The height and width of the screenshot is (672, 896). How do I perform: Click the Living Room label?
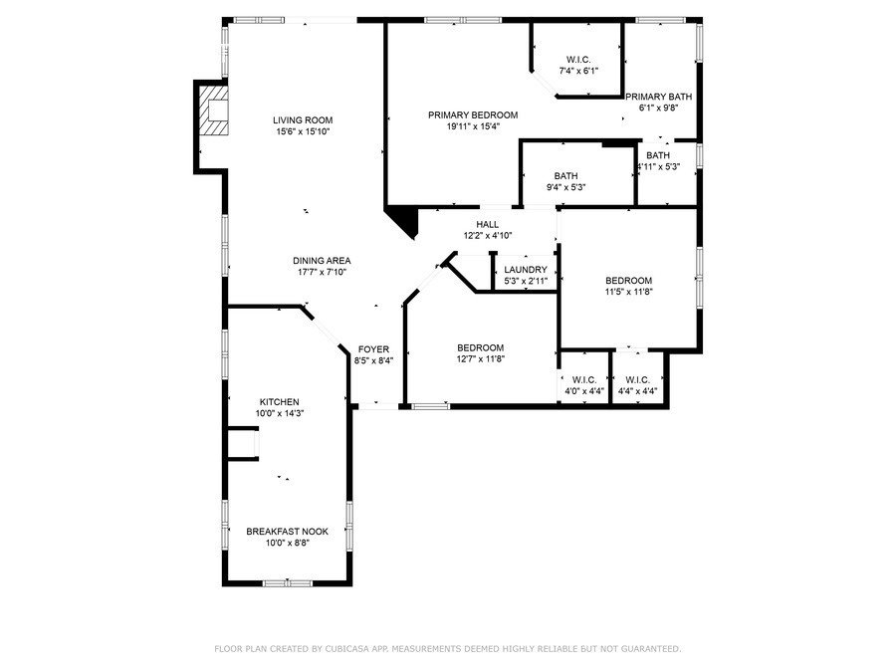click(x=303, y=120)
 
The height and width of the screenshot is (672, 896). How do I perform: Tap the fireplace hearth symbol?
click(x=213, y=111)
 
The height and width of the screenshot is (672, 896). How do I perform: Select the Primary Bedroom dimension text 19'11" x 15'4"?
click(x=473, y=126)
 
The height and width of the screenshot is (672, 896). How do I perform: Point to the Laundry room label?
click(x=526, y=269)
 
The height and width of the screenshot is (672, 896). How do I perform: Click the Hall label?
click(x=488, y=225)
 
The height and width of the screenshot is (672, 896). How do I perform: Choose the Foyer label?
click(x=373, y=349)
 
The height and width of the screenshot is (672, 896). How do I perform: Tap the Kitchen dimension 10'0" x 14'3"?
click(x=280, y=413)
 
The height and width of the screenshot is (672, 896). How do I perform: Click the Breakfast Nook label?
click(x=288, y=532)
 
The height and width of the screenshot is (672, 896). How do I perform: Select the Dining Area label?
click(x=322, y=261)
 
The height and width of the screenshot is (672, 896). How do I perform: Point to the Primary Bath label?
click(x=658, y=97)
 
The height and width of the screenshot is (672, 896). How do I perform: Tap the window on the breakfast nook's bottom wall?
click(x=288, y=582)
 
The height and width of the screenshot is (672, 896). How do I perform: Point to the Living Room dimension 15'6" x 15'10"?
click(x=303, y=131)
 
